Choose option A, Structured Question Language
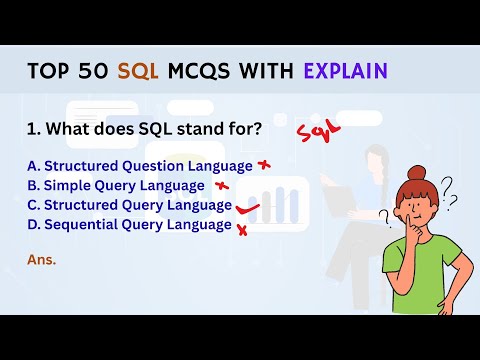click(x=140, y=165)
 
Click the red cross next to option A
click(x=265, y=166)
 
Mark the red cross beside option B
click(x=221, y=186)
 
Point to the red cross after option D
click(x=241, y=228)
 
